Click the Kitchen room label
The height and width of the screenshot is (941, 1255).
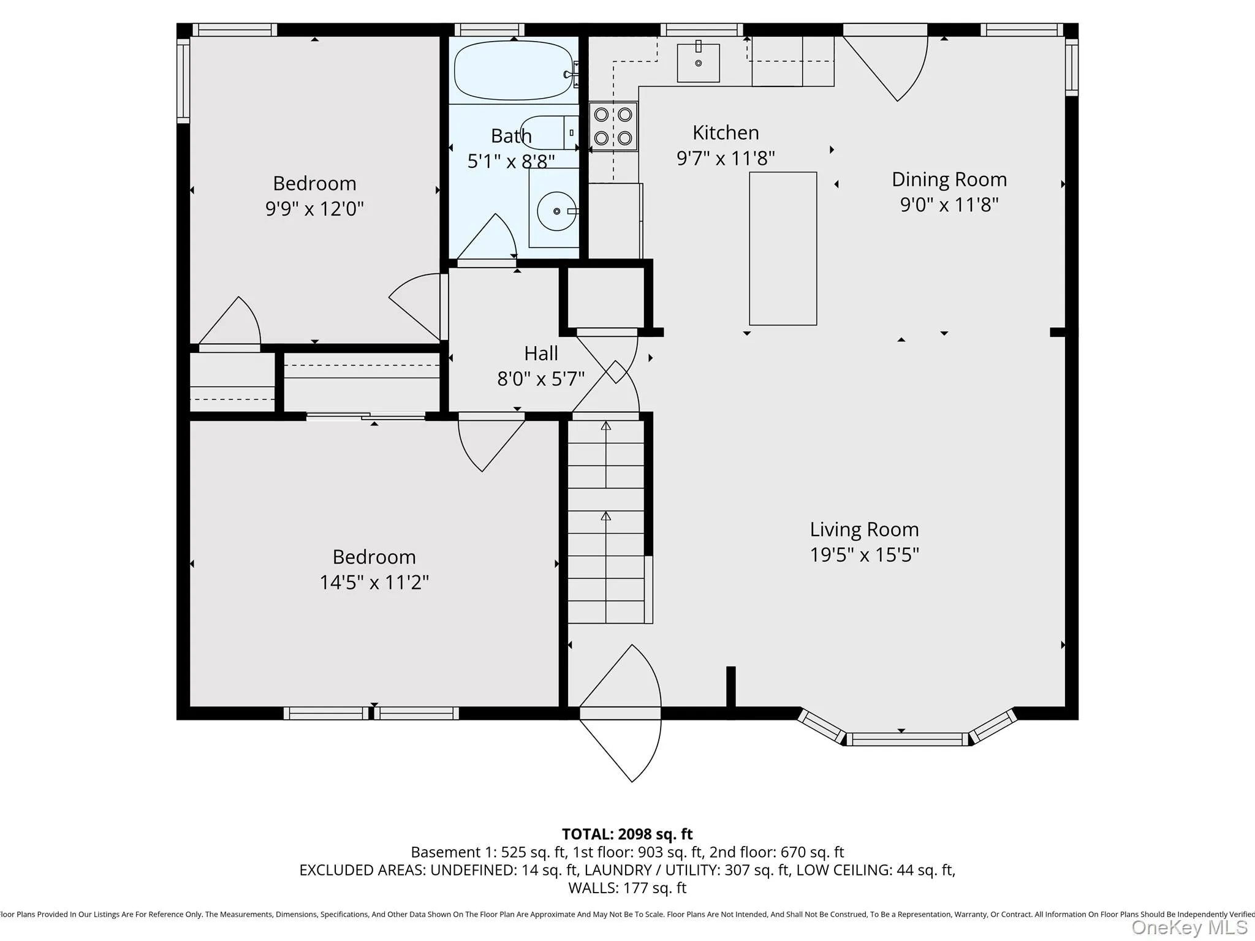click(x=726, y=133)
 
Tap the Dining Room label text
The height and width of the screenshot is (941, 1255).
click(x=949, y=180)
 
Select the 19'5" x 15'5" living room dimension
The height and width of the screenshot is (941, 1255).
click(x=864, y=555)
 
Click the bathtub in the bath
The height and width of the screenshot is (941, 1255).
click(x=514, y=70)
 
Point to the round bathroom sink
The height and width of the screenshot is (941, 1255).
click(x=556, y=211)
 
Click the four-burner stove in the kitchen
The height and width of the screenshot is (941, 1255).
click(x=613, y=126)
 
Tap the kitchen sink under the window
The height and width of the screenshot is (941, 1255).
click(x=698, y=62)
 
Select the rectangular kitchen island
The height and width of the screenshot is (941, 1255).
click(x=783, y=248)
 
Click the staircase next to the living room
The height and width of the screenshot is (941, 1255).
click(x=606, y=521)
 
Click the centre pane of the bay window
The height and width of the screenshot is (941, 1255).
click(x=906, y=739)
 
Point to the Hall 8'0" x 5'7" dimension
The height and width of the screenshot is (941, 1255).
click(x=540, y=379)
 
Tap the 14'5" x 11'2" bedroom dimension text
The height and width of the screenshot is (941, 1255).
click(x=374, y=582)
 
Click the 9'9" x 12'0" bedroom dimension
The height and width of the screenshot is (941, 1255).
click(x=314, y=209)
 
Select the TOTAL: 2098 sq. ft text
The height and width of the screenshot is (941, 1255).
click(x=627, y=834)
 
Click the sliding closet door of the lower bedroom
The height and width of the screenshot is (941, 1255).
click(x=366, y=417)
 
